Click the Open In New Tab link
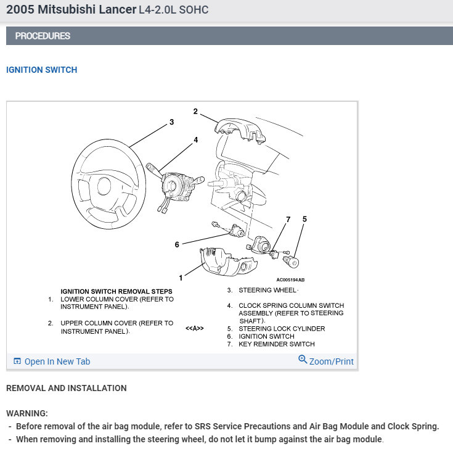pos(57,361)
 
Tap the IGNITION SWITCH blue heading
pos(42,70)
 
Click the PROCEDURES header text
pos(43,36)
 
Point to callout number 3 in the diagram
pos(171,122)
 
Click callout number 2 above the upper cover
pos(195,112)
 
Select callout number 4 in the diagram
pos(196,140)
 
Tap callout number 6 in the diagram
pos(177,245)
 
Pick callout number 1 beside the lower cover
pos(181,278)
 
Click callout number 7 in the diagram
pos(288,219)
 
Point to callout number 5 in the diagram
pos(304,219)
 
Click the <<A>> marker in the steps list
pos(195,329)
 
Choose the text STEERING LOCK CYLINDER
pos(282,329)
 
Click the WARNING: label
pos(27,413)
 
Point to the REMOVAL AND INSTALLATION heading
pos(67,388)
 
